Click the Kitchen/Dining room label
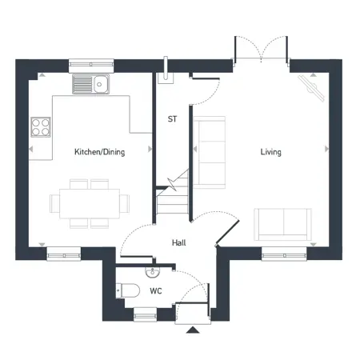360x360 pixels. (x=100, y=152)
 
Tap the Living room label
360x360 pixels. (x=270, y=152)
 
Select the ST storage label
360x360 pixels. (x=172, y=119)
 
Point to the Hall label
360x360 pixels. (x=179, y=242)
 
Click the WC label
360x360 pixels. (x=156, y=290)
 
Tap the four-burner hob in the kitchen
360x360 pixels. (x=41, y=127)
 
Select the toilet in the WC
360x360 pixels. (x=128, y=290)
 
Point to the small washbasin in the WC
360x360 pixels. (x=153, y=272)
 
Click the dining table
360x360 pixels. (x=90, y=203)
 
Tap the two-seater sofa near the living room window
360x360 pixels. (x=282, y=225)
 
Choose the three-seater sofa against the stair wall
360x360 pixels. (x=210, y=152)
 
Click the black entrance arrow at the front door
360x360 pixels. (x=193, y=330)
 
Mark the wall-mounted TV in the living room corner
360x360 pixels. (x=311, y=88)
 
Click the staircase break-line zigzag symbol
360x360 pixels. (x=172, y=184)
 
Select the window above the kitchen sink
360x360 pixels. (x=91, y=64)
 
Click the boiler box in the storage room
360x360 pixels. (x=166, y=78)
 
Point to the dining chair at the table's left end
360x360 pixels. (x=54, y=203)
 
